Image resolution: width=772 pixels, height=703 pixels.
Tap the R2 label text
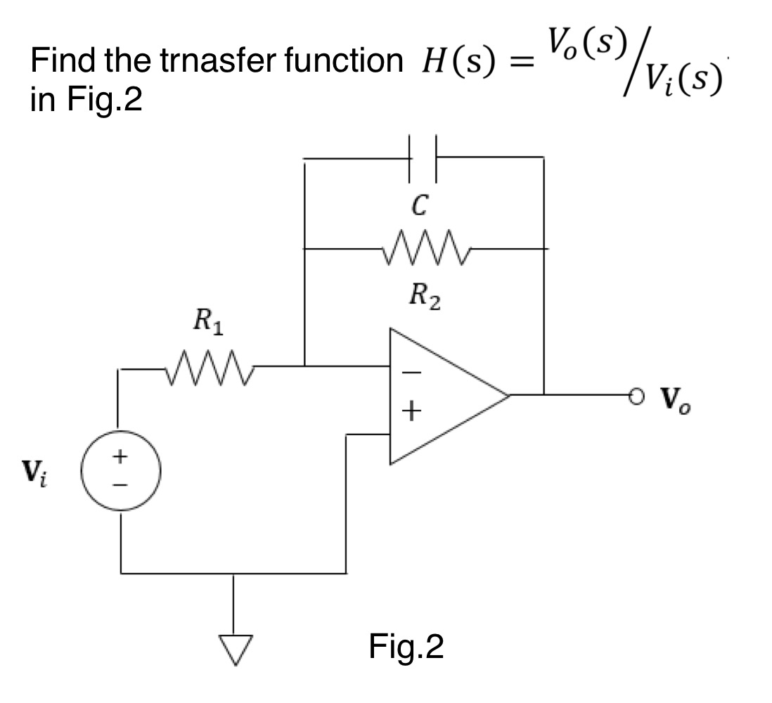pyautogui.click(x=425, y=298)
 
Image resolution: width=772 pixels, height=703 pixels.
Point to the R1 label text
pyautogui.click(x=208, y=325)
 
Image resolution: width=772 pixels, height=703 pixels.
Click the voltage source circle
pyautogui.click(x=122, y=472)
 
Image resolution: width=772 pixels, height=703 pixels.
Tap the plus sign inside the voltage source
pyautogui.click(x=122, y=457)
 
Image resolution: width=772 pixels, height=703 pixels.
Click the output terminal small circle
pyautogui.click(x=636, y=396)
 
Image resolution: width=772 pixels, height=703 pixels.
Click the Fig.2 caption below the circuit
pyautogui.click(x=406, y=647)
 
